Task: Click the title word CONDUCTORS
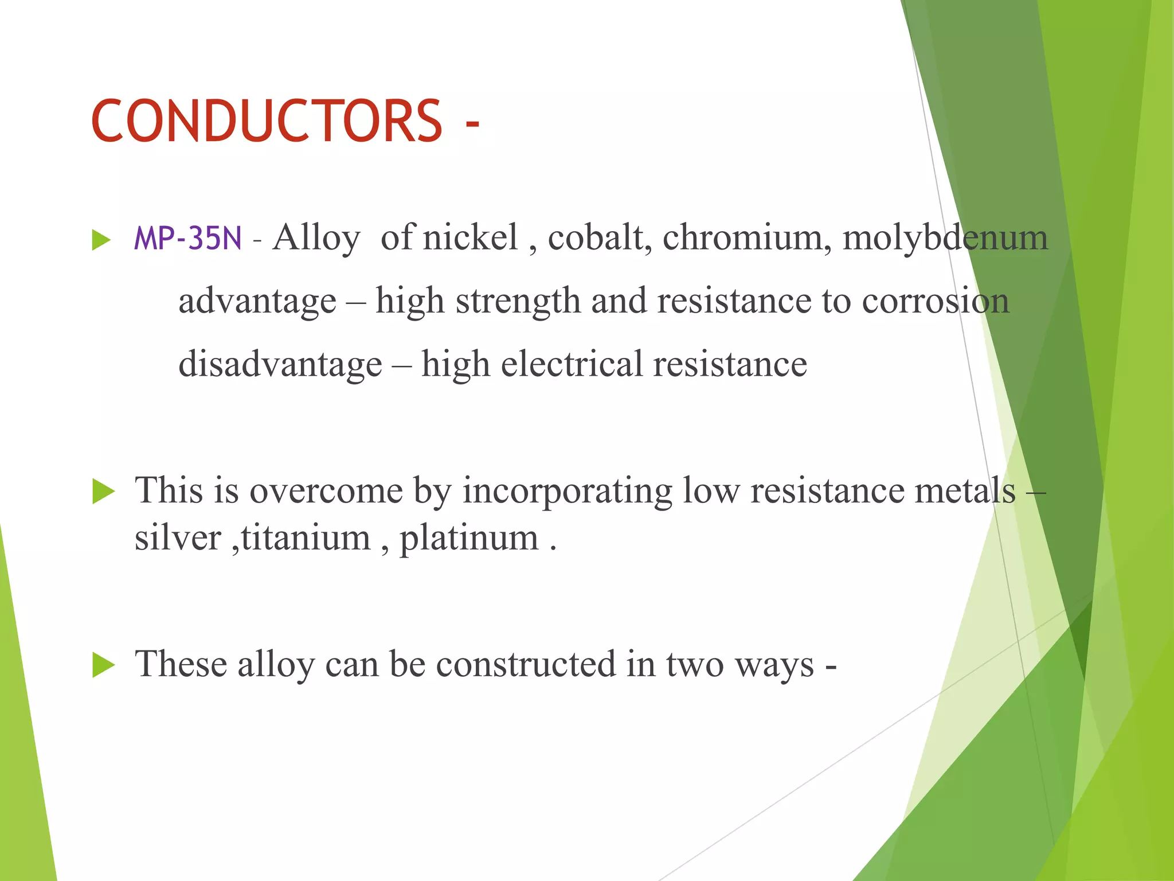[267, 121]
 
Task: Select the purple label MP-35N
[187, 238]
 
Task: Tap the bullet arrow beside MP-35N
[101, 240]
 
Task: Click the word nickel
[470, 237]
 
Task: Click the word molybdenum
[945, 238]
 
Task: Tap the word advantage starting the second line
[257, 302]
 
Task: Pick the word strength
[518, 302]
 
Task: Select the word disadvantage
[280, 364]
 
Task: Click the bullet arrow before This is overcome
[103, 492]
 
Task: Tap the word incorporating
[567, 492]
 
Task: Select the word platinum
[469, 539]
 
